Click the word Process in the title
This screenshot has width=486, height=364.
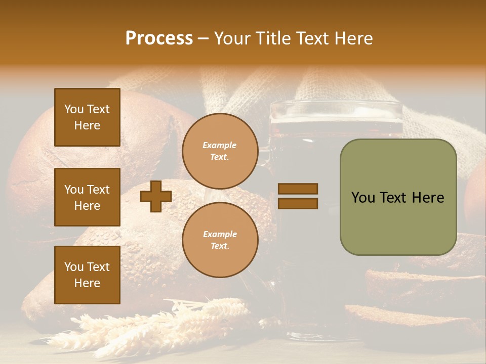(159, 38)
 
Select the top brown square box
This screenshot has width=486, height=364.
(87, 117)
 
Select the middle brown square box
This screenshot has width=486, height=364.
(87, 197)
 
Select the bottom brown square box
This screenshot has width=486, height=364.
(87, 275)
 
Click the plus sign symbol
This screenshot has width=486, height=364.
(156, 197)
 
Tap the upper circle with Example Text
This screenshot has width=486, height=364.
(220, 151)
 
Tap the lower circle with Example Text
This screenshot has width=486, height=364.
(220, 240)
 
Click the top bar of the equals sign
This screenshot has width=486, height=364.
(298, 189)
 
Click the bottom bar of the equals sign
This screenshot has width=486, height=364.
(298, 203)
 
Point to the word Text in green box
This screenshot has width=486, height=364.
(397, 198)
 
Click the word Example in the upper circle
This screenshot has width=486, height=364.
(220, 145)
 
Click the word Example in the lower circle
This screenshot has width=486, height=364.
(220, 234)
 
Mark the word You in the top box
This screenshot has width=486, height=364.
(74, 109)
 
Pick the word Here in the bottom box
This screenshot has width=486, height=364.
(87, 283)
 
